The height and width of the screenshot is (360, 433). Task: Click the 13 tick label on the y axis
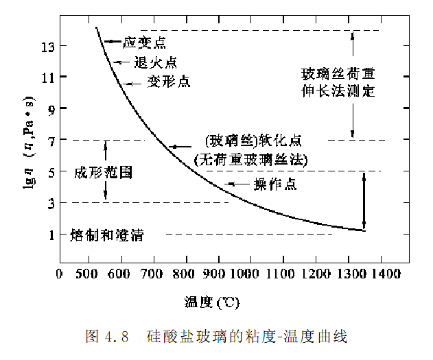[46, 46]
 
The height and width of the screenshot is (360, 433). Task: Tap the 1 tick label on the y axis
[49, 235]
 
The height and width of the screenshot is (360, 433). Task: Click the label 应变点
[144, 43]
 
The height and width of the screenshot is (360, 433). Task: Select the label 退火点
[154, 62]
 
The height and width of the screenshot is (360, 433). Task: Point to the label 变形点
[169, 82]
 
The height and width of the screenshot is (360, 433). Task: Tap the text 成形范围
[103, 172]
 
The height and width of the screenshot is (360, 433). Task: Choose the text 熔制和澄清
[106, 235]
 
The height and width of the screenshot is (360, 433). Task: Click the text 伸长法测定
[342, 90]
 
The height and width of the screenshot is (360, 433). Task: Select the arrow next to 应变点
[113, 42]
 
